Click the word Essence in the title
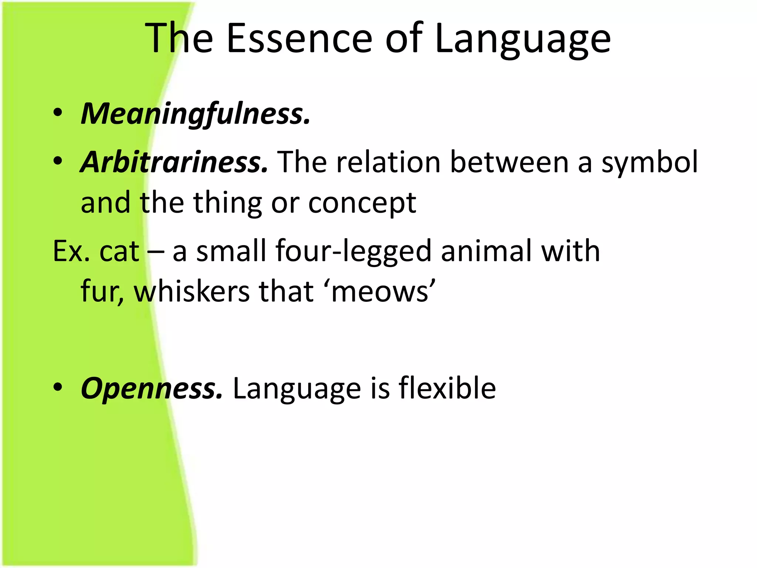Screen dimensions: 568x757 coord(299,38)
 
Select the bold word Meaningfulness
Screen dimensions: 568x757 coord(196,114)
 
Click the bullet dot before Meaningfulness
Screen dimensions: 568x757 coord(58,113)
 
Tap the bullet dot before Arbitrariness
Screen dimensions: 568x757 coord(58,161)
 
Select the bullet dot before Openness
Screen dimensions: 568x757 coord(58,388)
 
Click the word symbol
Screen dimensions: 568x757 coord(649,163)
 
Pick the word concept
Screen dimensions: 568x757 coord(362,203)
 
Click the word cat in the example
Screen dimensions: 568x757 coord(119,251)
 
